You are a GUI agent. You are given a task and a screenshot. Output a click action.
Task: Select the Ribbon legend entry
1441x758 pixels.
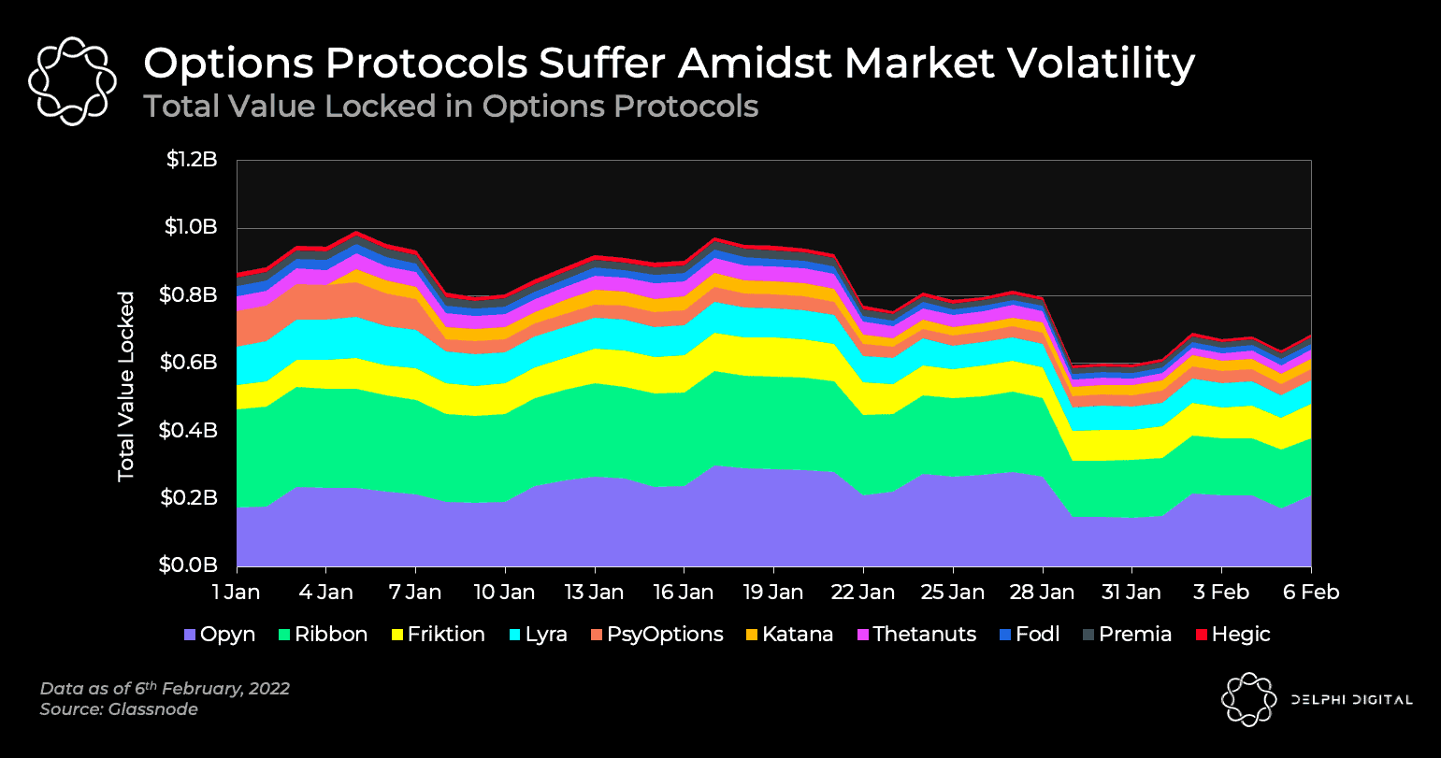click(x=322, y=635)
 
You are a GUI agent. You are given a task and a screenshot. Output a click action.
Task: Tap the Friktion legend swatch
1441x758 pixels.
click(x=396, y=635)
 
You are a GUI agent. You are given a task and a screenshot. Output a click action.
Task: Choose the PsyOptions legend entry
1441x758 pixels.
click(x=656, y=635)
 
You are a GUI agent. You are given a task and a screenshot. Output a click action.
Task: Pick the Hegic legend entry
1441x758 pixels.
click(x=1232, y=635)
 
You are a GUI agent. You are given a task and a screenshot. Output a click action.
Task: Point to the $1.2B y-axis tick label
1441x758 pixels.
click(x=192, y=160)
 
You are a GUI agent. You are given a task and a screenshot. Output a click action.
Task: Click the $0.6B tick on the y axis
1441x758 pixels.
click(x=192, y=363)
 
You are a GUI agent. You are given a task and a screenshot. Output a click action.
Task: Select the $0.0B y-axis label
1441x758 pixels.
click(x=192, y=565)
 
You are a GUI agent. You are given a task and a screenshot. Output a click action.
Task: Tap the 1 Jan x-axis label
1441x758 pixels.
click(x=238, y=593)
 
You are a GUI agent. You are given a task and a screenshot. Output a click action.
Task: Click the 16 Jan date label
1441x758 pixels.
click(x=684, y=593)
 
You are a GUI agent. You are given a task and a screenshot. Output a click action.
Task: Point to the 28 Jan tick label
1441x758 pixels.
click(x=1042, y=593)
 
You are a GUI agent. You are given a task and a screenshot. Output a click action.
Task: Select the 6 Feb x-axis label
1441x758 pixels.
click(x=1310, y=593)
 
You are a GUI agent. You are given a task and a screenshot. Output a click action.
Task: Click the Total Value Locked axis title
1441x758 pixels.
click(x=126, y=387)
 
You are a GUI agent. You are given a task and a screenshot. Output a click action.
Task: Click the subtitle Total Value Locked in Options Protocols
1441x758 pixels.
click(x=451, y=107)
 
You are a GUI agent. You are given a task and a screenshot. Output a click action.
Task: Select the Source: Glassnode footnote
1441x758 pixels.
click(x=119, y=710)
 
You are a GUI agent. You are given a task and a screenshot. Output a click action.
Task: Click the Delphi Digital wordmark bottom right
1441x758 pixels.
click(x=1351, y=699)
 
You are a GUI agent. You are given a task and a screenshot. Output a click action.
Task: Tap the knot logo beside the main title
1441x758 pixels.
click(x=72, y=81)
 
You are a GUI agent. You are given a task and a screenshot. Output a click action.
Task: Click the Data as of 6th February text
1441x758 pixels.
click(x=165, y=689)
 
